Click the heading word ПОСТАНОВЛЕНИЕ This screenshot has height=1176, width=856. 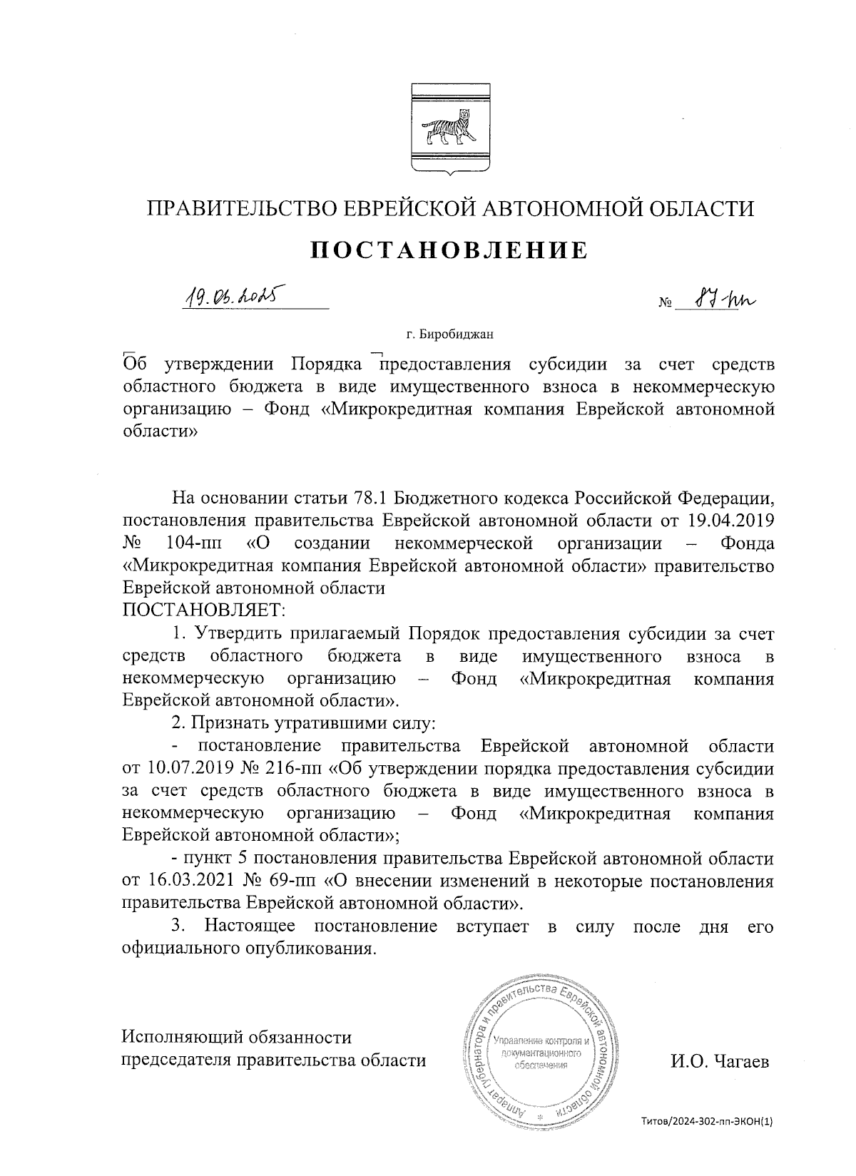[x=450, y=250]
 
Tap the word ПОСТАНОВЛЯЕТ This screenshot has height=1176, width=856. [x=204, y=610]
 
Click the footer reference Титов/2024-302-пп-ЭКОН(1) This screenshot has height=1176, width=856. [x=705, y=1122]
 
